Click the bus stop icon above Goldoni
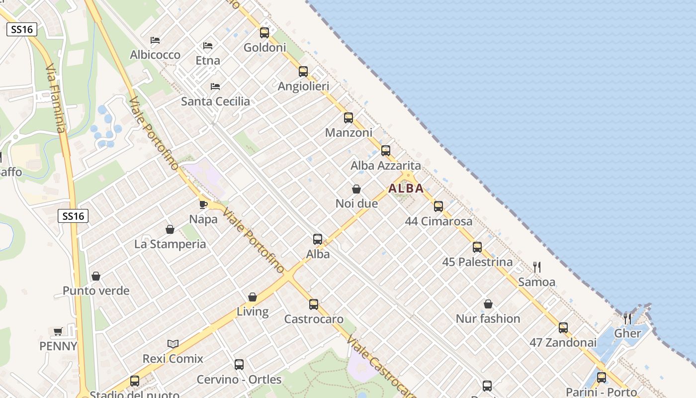click(264, 33)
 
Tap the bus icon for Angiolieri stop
click(303, 71)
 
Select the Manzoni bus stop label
click(348, 133)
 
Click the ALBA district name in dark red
click(406, 189)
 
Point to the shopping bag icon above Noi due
click(356, 189)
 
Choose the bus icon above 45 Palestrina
click(477, 247)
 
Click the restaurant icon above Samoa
click(537, 267)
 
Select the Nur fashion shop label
click(488, 318)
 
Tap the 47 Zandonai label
click(563, 342)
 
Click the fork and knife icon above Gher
click(627, 318)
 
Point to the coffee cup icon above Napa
click(203, 204)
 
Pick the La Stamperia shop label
click(170, 244)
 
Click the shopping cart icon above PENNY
click(58, 331)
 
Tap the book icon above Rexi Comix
click(173, 344)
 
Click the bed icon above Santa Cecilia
click(215, 87)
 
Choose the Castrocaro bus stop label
click(314, 319)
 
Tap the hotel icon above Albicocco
click(155, 40)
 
